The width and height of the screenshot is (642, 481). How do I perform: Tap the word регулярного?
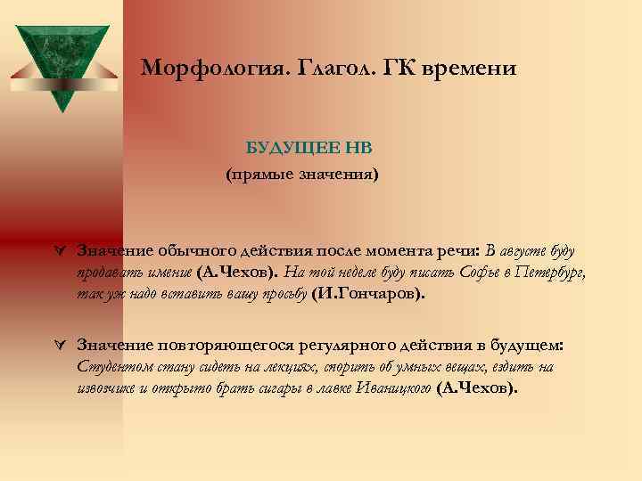pos(342,345)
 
